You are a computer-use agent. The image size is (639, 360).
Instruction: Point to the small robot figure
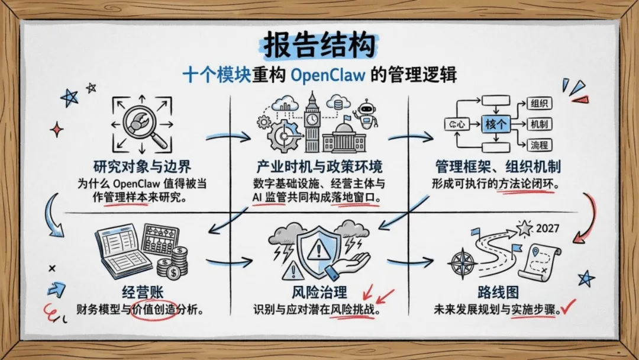(364, 114)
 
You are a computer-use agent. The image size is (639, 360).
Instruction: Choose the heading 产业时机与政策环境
(319, 166)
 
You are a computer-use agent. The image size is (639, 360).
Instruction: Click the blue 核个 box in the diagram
(496, 124)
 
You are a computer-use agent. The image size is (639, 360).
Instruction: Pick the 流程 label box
(538, 144)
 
